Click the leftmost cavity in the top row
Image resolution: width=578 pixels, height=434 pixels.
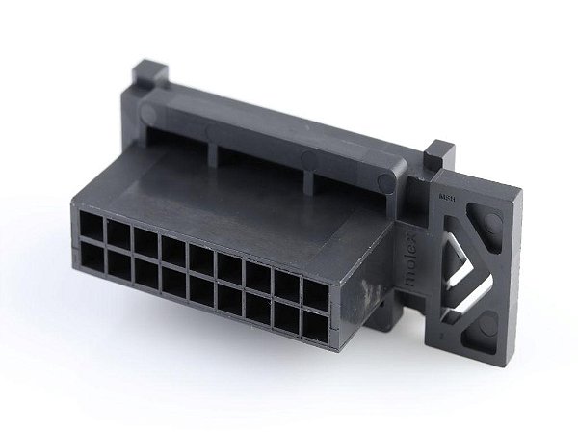click(x=92, y=227)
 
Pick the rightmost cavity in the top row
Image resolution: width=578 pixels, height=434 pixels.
click(x=315, y=292)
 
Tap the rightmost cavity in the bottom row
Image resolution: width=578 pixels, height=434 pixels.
click(x=314, y=325)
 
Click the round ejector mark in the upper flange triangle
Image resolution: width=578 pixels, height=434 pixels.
click(x=491, y=224)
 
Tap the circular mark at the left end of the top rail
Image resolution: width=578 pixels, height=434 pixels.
click(x=148, y=113)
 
